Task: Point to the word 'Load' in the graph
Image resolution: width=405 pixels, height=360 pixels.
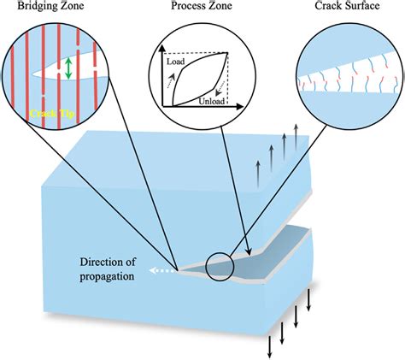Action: [175, 62]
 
